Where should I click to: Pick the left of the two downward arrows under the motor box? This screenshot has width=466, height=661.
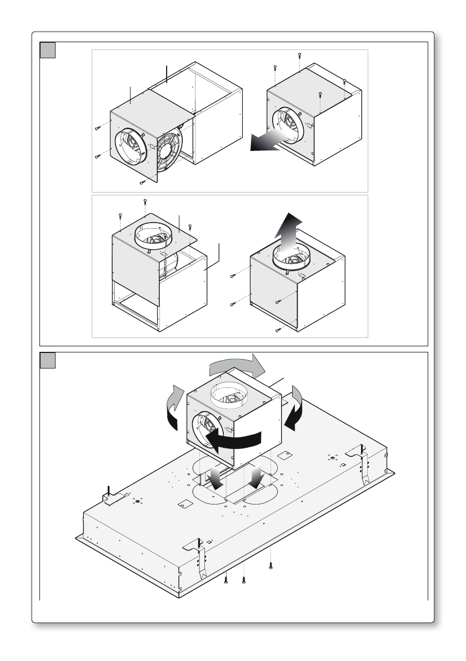[x=215, y=477]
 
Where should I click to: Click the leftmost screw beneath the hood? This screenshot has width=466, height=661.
[x=226, y=581]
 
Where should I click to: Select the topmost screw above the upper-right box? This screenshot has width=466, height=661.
[x=300, y=54]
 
